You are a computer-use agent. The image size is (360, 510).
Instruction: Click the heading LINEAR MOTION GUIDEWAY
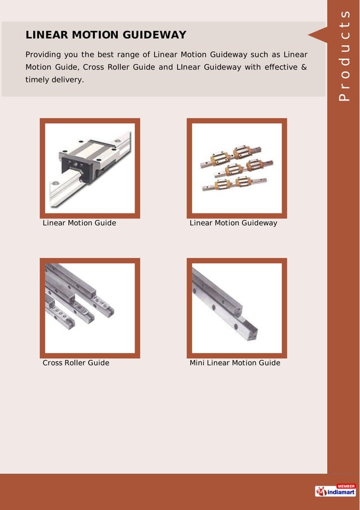tap(106, 35)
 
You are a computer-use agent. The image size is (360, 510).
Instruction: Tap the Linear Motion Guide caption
tap(80, 223)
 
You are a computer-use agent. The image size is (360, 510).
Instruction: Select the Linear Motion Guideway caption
tap(233, 223)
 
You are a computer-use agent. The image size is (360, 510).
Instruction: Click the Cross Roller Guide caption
tap(76, 363)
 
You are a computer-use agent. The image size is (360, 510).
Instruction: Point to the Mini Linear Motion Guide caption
tap(235, 363)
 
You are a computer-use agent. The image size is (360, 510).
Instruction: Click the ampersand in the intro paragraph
tap(304, 67)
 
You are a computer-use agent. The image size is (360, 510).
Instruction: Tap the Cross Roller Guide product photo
tap(90, 308)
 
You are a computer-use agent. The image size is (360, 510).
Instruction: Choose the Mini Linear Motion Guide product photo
tap(236, 308)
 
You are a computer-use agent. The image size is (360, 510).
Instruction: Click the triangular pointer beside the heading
tap(317, 34)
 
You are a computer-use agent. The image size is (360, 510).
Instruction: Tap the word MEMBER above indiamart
tap(345, 486)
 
